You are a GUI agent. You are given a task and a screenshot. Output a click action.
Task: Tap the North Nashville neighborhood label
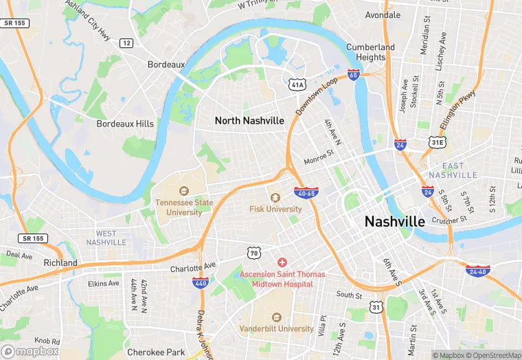point(249,120)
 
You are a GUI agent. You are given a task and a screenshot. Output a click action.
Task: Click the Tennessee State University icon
point(183,191)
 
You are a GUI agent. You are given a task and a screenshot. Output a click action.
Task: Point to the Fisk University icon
point(275,198)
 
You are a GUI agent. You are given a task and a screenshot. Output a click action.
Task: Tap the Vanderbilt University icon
point(277,317)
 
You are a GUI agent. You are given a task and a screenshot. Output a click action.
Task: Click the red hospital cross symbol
point(282,263)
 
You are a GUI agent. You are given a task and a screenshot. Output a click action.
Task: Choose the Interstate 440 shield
point(201,283)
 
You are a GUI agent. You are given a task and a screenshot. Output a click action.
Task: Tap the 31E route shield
point(438,142)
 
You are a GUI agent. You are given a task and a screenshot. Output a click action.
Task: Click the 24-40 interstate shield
point(477,271)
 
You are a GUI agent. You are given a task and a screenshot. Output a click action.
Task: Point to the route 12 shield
point(126,43)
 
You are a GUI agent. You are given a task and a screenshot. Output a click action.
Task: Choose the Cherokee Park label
point(156,352)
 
